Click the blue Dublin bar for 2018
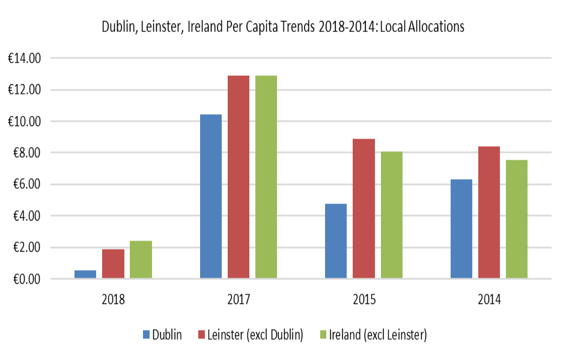85,275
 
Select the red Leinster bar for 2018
113,264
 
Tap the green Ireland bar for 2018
141,260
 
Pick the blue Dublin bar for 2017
211,197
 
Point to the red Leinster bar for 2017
239,177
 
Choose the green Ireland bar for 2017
266,177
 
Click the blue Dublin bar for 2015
336,241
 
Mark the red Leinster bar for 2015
364,209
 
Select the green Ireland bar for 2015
391,215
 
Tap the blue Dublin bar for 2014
461,229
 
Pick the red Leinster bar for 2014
489,213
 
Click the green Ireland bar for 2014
517,219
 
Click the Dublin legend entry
162,335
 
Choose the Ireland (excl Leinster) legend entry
369,335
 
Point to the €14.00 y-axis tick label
23,58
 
